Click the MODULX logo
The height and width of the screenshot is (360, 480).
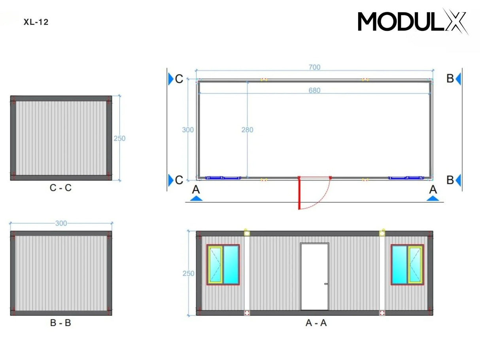(412, 22)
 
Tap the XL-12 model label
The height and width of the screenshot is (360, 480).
(36, 22)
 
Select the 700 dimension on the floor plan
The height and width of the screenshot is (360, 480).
(314, 68)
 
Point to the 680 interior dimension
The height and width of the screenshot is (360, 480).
(314, 90)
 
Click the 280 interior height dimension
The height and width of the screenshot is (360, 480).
(247, 130)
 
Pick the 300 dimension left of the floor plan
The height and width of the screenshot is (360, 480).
(188, 130)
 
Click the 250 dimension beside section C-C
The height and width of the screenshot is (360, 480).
(119, 138)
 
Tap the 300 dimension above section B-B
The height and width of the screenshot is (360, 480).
(61, 223)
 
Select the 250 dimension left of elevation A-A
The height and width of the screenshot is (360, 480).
(188, 273)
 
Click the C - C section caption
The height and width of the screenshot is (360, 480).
(60, 188)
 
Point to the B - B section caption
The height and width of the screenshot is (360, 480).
(60, 323)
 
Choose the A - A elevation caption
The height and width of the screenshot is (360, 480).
(316, 323)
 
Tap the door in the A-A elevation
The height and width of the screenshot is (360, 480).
(314, 276)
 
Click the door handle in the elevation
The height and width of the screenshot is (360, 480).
(325, 283)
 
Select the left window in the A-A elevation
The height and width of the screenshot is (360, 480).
(223, 265)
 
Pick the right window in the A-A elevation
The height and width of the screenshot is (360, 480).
(407, 265)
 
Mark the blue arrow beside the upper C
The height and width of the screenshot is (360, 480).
(170, 79)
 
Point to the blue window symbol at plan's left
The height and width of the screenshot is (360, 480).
(223, 178)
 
